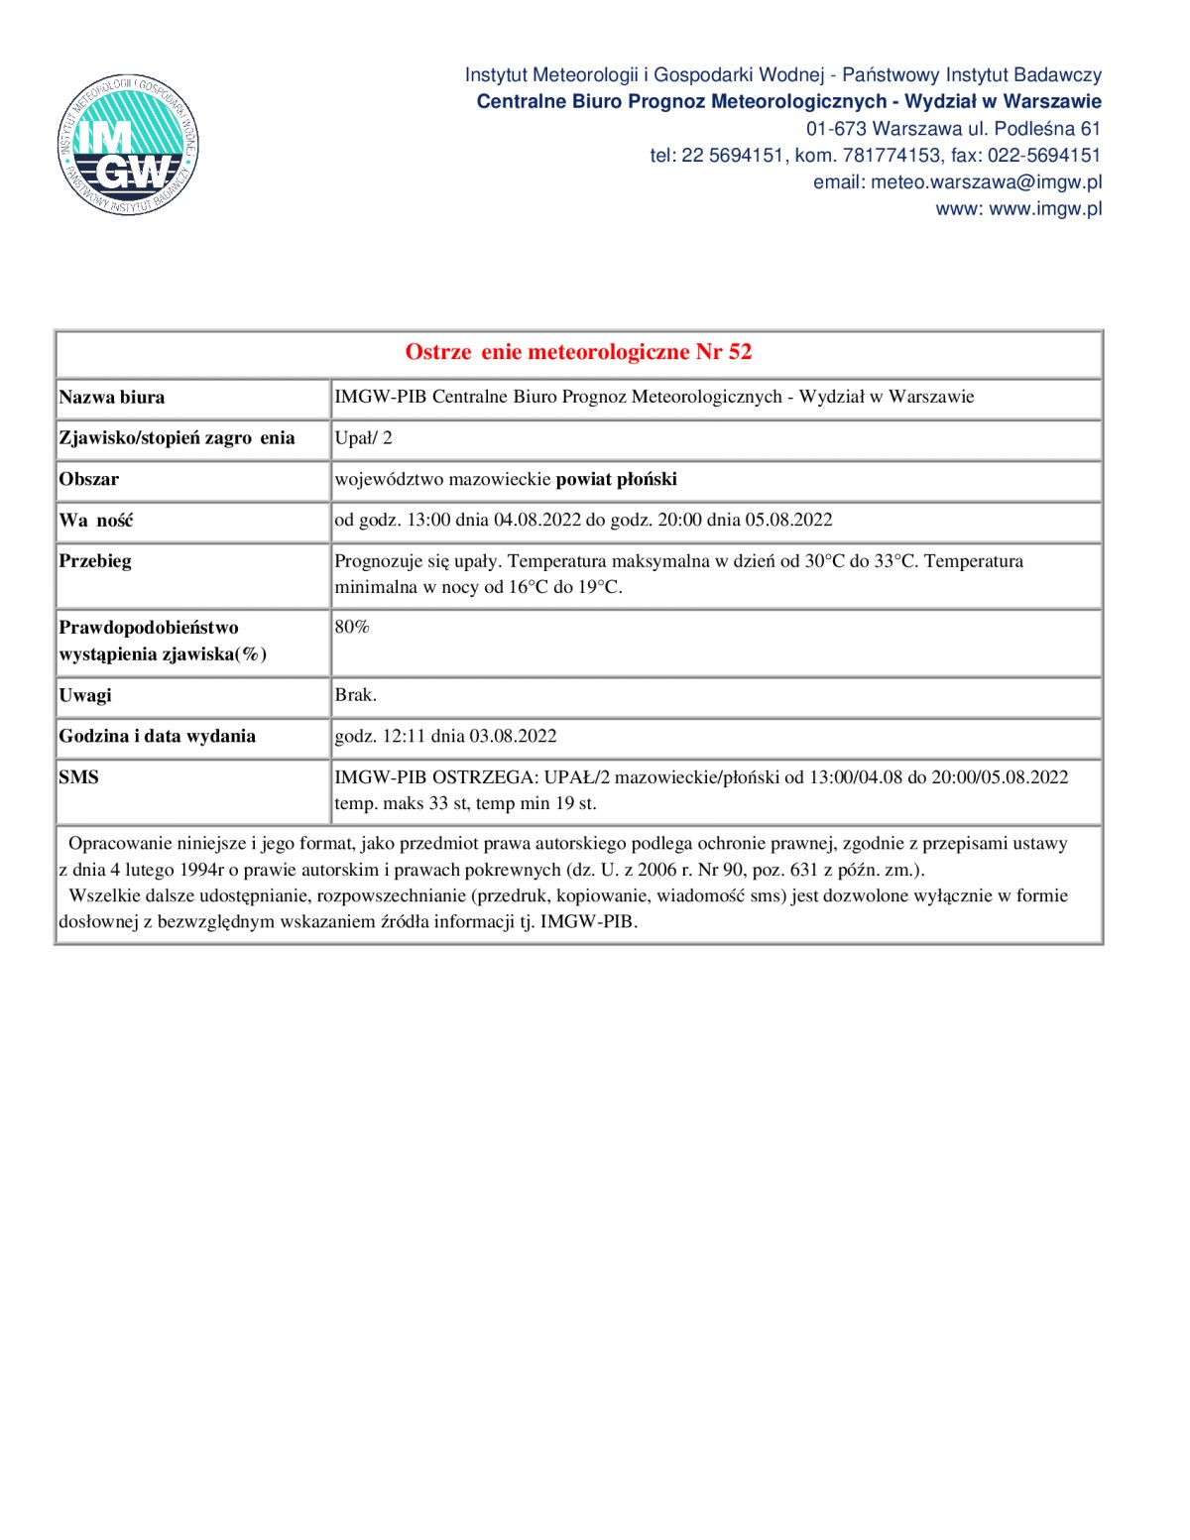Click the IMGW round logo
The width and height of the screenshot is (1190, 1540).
tap(129, 145)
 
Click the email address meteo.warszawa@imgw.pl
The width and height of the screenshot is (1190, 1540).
tap(986, 182)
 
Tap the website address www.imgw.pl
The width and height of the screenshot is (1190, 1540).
tap(1045, 209)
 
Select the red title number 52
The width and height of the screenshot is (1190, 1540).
tap(740, 352)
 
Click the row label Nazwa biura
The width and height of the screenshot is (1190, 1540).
tap(112, 398)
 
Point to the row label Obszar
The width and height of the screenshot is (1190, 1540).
tap(89, 480)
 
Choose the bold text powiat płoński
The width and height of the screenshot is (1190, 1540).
tap(616, 480)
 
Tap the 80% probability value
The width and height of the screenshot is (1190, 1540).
tap(352, 628)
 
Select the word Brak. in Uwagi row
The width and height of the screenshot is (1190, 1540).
tap(356, 695)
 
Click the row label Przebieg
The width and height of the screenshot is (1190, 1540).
tap(95, 561)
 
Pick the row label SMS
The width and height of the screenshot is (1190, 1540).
tap(79, 777)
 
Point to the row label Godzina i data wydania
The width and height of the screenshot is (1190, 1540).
tap(158, 737)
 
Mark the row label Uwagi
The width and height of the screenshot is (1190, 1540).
tap(85, 695)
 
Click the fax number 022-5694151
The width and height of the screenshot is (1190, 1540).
tap(1043, 156)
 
